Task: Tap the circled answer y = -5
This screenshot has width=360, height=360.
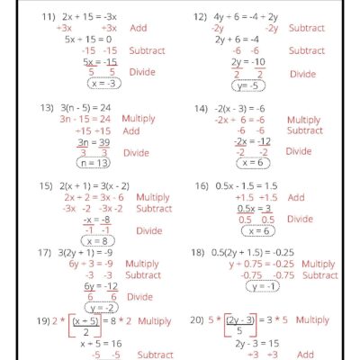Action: click(x=249, y=86)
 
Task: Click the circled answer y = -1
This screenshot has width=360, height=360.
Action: click(x=264, y=286)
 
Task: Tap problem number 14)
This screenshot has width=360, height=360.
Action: click(x=200, y=107)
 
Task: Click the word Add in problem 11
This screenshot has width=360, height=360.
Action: click(x=139, y=28)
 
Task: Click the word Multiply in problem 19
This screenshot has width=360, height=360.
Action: click(x=155, y=320)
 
